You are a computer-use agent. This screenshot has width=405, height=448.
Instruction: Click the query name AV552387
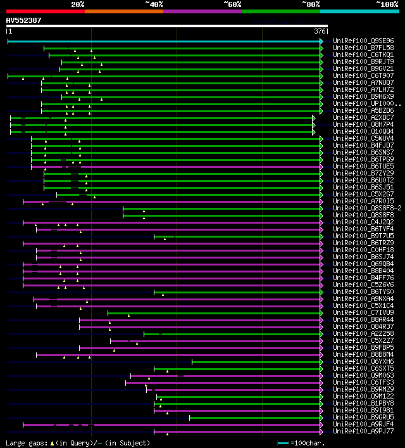[24, 20]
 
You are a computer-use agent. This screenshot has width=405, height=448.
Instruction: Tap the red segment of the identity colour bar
[45, 11]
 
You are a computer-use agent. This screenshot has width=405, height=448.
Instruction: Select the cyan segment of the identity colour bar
[359, 11]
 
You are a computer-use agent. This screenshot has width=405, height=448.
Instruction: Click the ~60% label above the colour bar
[232, 4]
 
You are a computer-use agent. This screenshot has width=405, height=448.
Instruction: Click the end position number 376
[320, 31]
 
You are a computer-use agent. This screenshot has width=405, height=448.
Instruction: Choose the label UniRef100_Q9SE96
[363, 41]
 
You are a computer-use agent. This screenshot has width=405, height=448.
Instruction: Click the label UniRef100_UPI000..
[367, 104]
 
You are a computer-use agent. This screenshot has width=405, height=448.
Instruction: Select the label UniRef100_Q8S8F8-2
[367, 208]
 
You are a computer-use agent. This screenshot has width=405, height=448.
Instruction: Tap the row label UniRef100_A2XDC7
[363, 118]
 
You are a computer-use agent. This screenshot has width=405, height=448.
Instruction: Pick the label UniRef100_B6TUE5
[363, 167]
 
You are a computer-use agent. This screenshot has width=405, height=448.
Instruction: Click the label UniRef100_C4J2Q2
[363, 222]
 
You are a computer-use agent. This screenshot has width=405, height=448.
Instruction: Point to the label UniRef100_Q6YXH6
[363, 362]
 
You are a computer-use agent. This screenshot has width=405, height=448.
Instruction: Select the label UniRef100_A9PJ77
[363, 432]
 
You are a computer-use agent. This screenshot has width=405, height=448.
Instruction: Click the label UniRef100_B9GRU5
[363, 418]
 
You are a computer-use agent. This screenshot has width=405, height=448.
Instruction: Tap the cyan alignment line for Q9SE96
[165, 41]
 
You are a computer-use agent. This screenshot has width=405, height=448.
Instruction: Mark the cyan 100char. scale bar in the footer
[283, 443]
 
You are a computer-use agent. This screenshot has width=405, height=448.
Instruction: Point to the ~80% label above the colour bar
[311, 4]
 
